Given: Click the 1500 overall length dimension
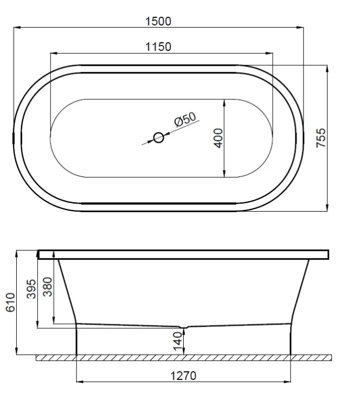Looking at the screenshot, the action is tap(158, 21).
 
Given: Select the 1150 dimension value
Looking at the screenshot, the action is tap(158, 47).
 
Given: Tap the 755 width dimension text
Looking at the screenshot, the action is tap(321, 138).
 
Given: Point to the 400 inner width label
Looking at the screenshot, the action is tap(218, 138).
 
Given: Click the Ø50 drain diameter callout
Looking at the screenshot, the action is tap(185, 119).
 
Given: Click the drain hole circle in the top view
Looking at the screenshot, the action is tap(158, 138).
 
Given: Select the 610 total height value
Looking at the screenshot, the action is tap(10, 302).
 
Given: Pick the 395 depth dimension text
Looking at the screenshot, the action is tap(31, 289).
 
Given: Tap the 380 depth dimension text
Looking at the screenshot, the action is tap(48, 287).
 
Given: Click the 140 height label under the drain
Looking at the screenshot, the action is tap(178, 341).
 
